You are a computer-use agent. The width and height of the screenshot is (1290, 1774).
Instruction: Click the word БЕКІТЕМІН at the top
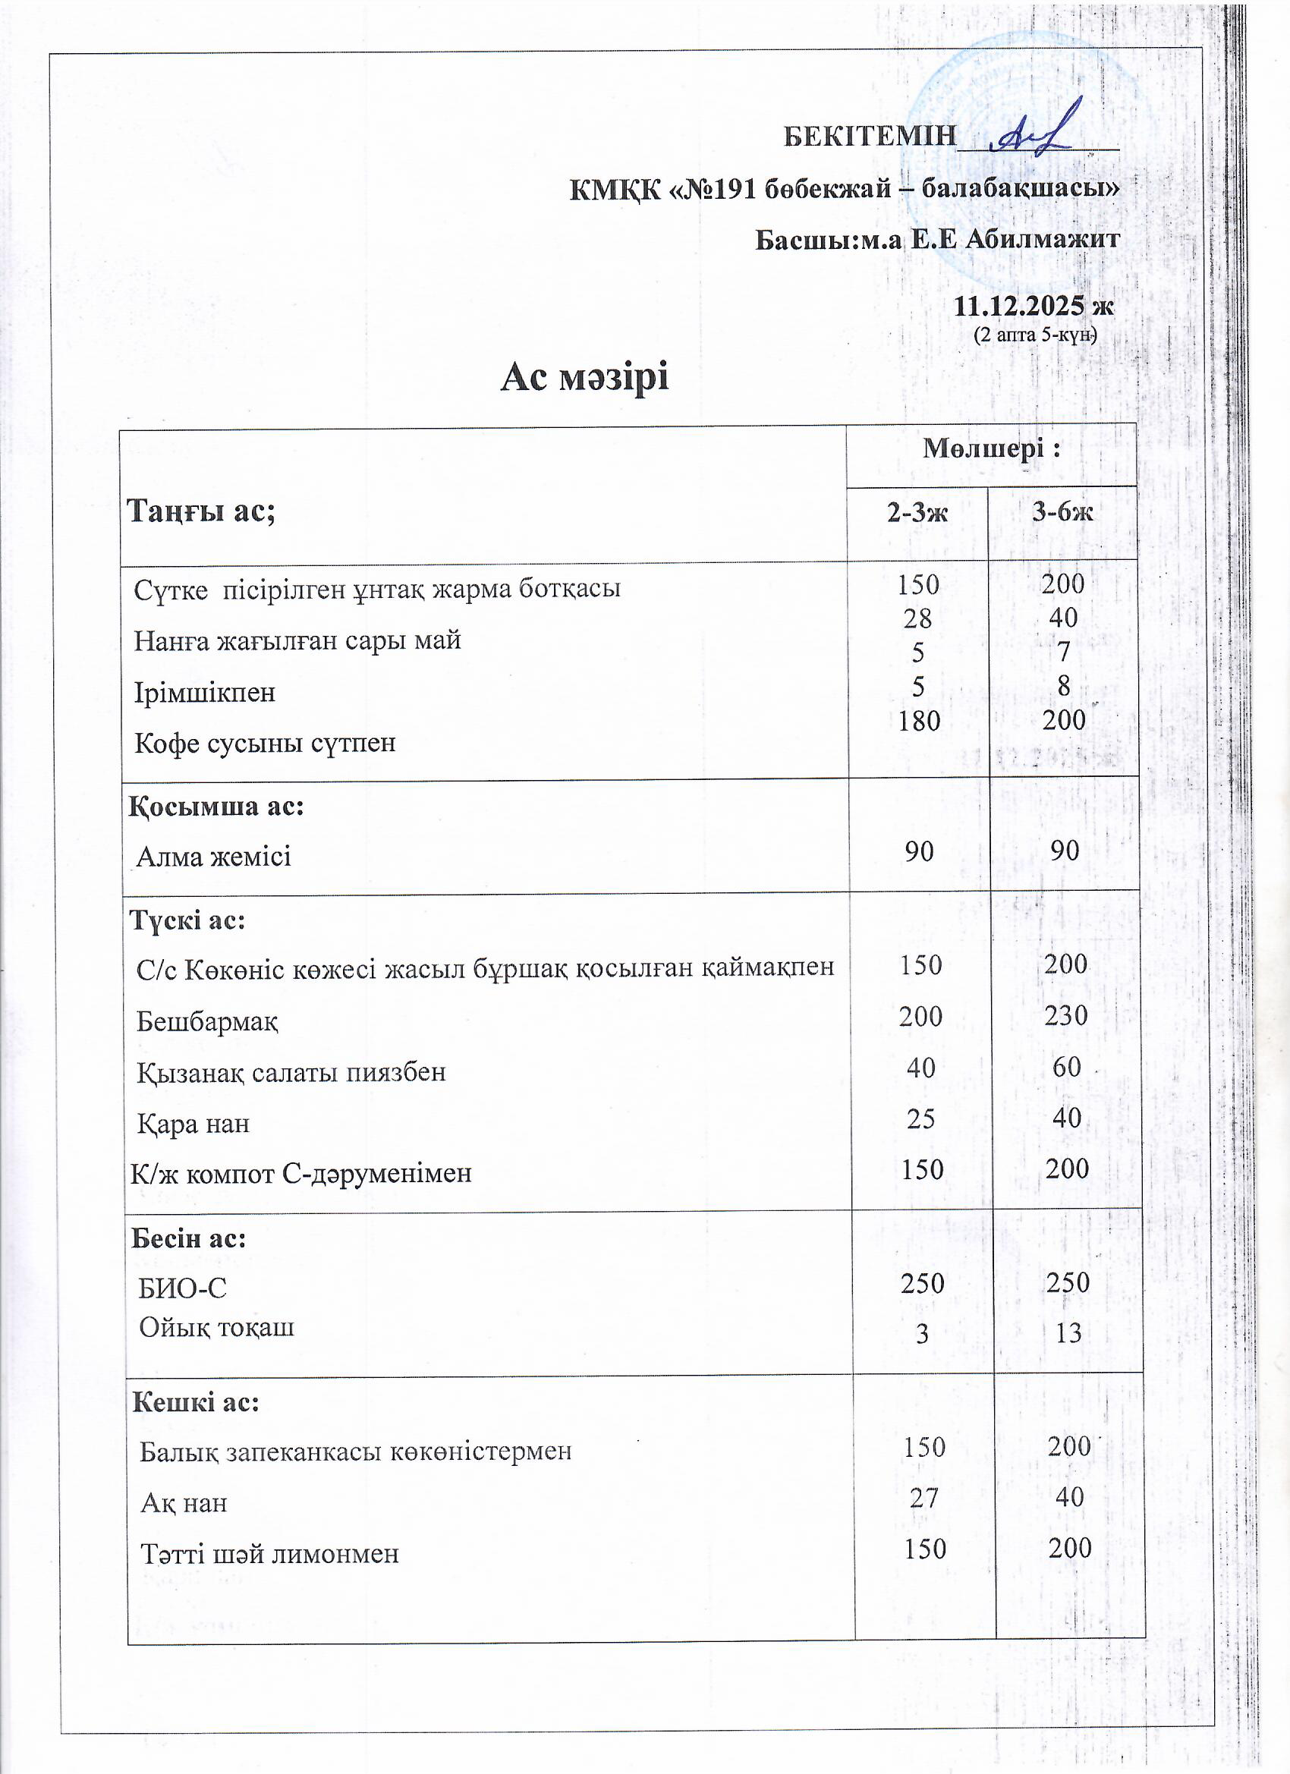pos(870,136)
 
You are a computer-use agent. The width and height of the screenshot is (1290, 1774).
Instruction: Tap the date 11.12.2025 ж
pos(1034,306)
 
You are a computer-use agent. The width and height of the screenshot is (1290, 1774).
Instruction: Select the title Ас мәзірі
pos(584,377)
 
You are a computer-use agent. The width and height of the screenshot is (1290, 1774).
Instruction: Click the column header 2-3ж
pos(917,512)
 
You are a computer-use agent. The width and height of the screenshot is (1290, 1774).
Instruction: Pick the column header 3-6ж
pos(1062,512)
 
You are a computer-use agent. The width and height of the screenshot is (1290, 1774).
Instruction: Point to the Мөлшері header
pos(991,448)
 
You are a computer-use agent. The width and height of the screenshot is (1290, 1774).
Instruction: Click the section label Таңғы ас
pos(201,511)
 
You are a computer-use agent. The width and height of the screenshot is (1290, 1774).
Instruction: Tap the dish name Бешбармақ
pos(207,1021)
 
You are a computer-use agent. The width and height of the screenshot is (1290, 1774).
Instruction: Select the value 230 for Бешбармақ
pos(1065,1015)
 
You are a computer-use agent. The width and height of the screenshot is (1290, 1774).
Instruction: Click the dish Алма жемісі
pos(213,857)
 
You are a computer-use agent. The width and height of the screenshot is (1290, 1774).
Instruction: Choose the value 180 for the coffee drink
pos(918,720)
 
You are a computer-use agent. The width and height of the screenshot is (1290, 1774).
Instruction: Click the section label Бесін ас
pos(188,1238)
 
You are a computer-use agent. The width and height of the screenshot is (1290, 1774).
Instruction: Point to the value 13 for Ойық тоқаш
pos(1068,1333)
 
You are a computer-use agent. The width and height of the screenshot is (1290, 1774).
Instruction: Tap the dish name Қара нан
pos(193,1124)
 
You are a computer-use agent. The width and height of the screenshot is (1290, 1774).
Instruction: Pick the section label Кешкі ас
pos(196,1401)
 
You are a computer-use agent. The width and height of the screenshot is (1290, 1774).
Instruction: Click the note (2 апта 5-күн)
pos(1035,335)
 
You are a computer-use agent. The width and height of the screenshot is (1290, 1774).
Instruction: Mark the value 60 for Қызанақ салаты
pos(1066,1067)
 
